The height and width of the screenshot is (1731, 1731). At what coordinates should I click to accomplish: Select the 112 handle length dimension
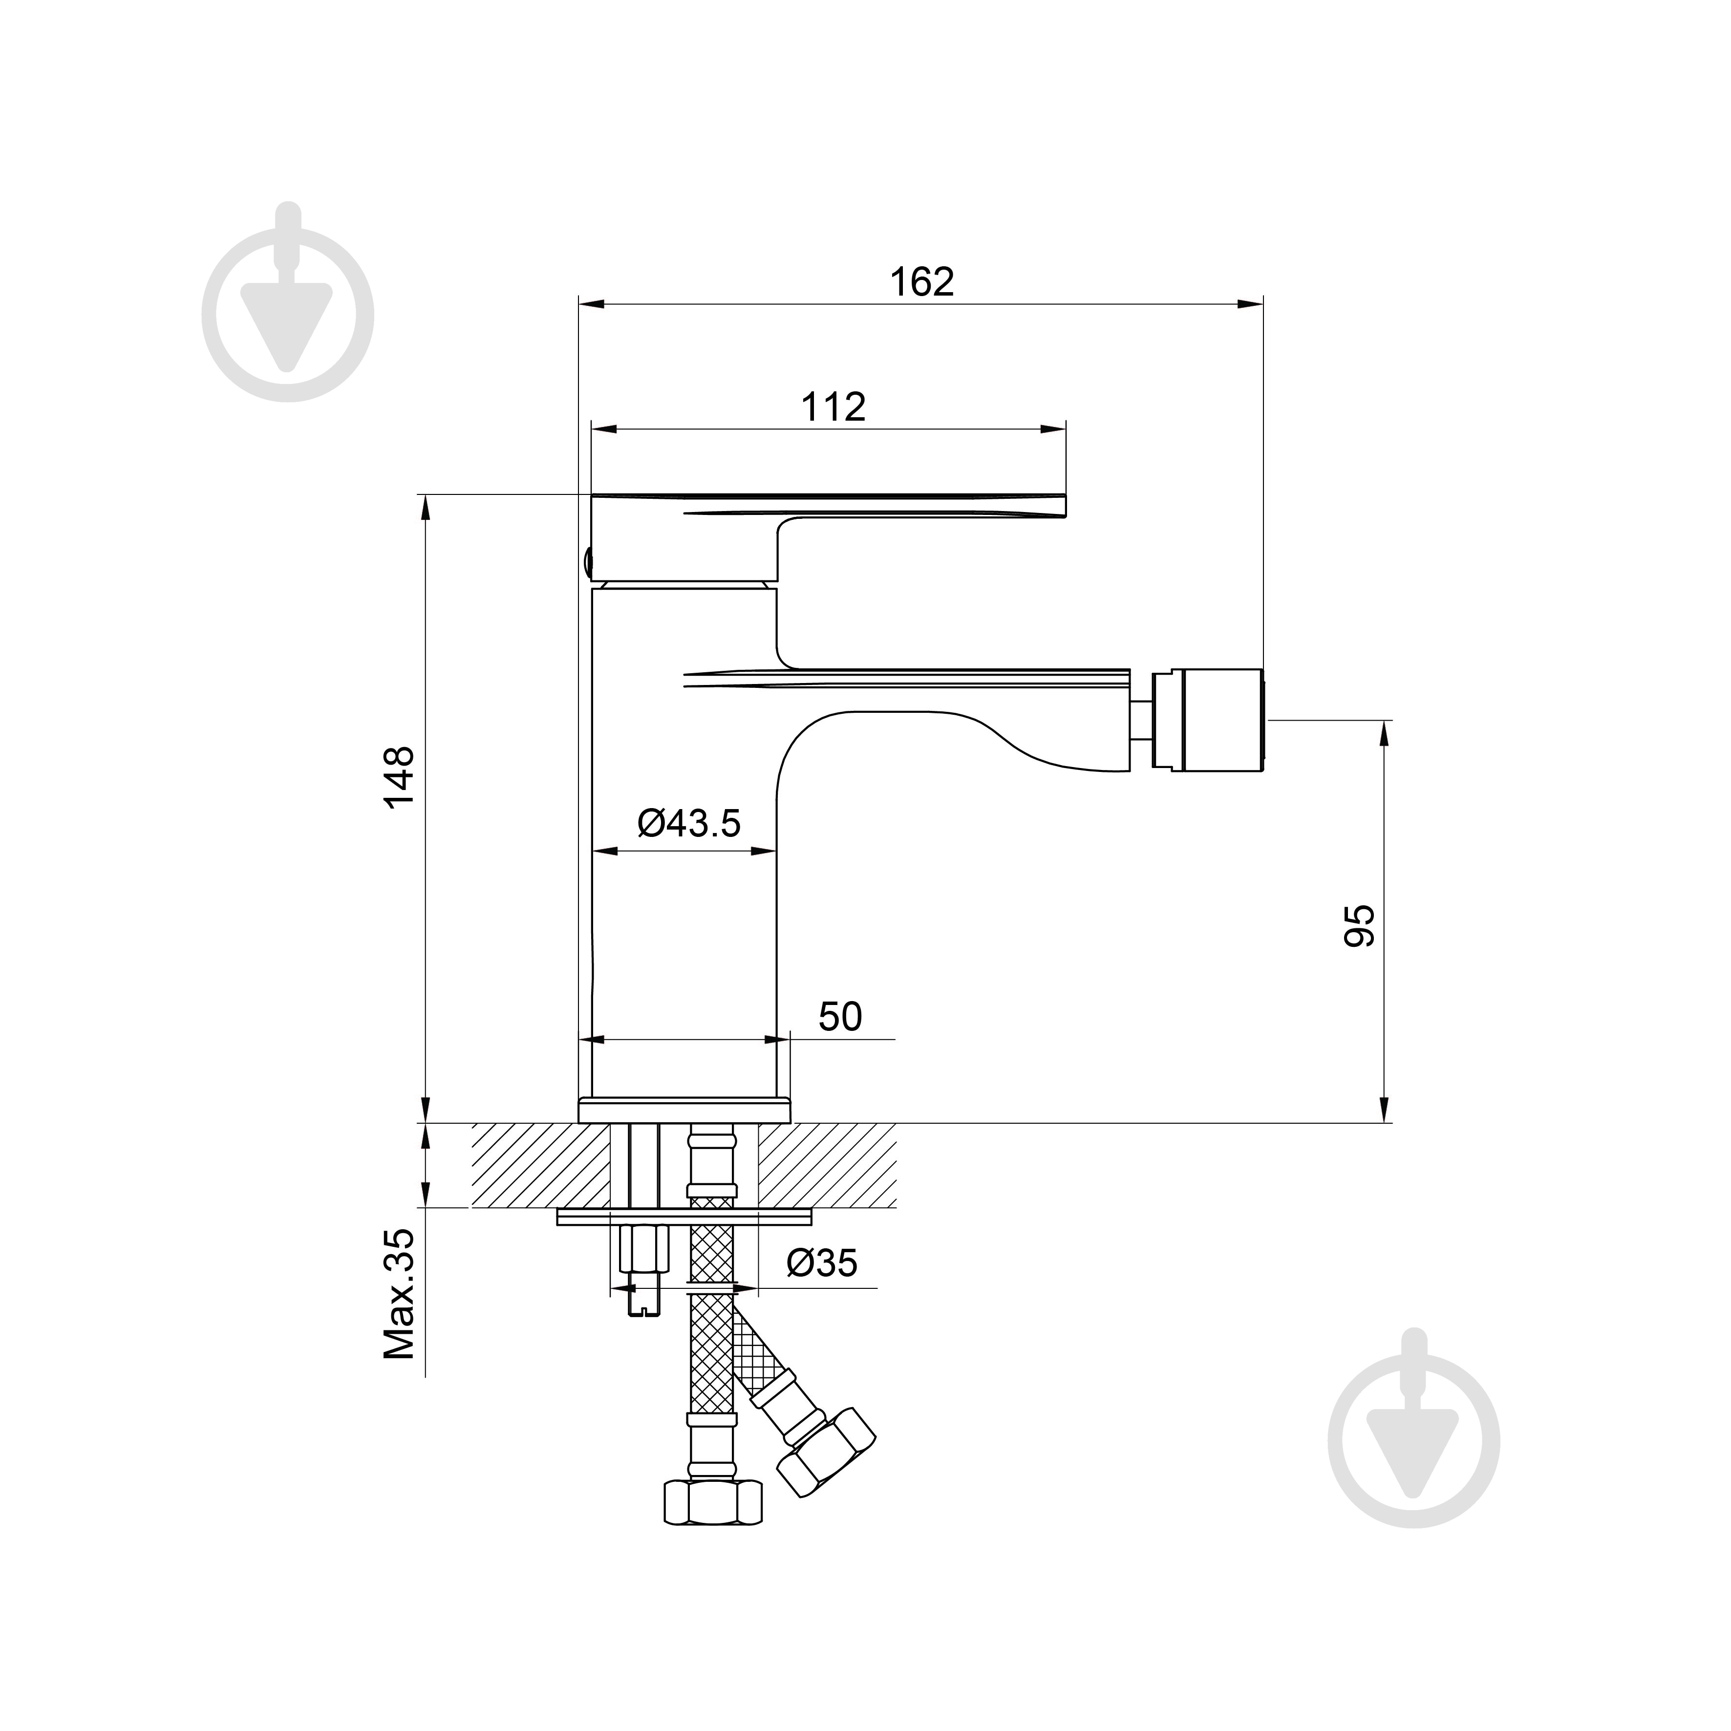833,407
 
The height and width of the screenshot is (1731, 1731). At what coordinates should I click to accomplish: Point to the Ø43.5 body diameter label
689,822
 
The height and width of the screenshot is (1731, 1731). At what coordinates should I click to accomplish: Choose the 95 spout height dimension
1359,925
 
